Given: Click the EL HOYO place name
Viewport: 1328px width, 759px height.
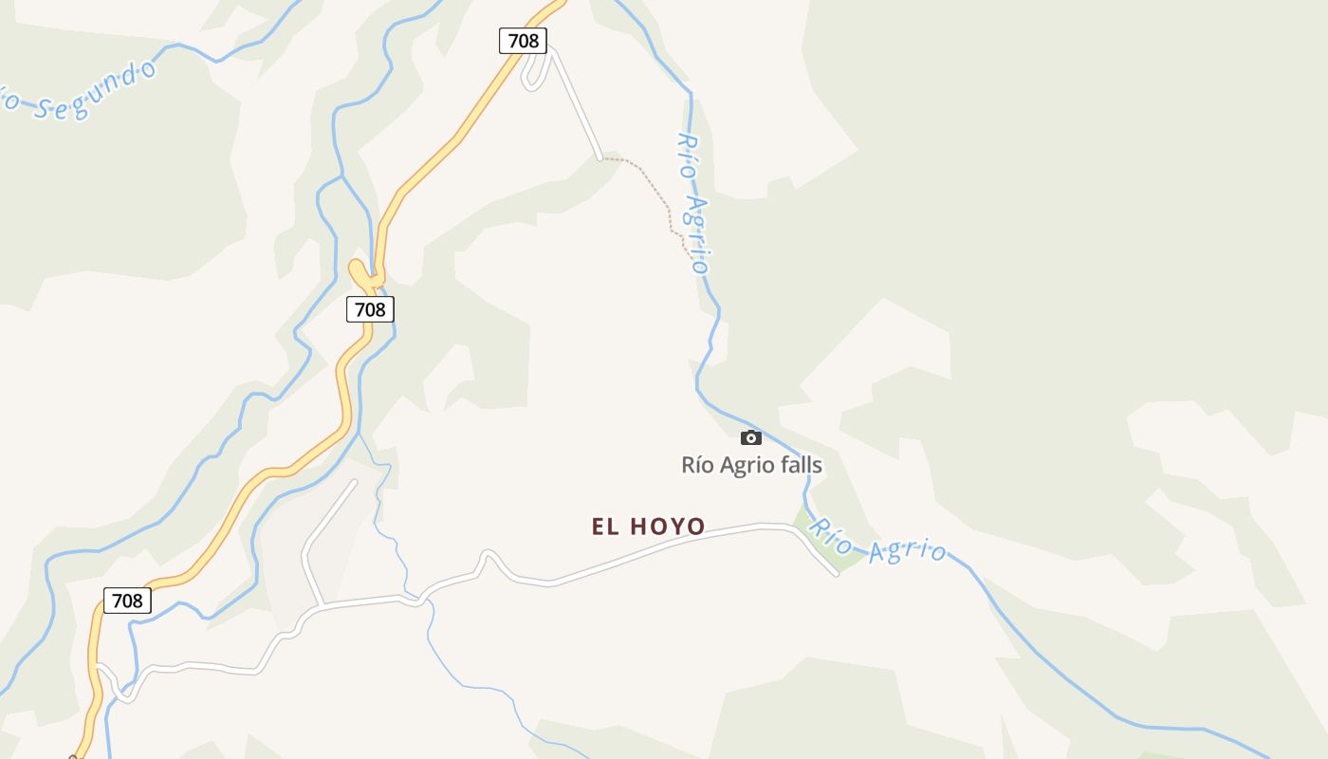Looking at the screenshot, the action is coord(649,527).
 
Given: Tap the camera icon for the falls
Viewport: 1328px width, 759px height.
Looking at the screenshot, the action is coord(751,437).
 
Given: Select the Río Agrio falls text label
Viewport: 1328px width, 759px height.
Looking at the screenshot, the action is coord(751,465).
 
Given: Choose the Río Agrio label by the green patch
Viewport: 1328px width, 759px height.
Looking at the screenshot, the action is coord(877,541).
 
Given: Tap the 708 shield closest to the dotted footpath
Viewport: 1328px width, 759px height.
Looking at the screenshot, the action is coord(523,41).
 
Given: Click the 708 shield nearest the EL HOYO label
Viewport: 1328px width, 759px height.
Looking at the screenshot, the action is coord(370,308).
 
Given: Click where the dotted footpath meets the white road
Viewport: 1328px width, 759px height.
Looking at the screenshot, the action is coord(600,157).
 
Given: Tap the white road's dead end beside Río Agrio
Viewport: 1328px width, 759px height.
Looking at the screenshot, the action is coord(835,573).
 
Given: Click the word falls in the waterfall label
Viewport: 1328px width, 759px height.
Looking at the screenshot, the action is coord(797,465).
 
